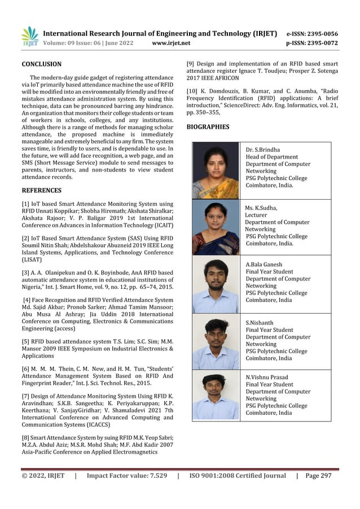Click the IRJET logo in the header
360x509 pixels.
[x=29, y=37]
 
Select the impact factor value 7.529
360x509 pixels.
[x=153, y=476]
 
